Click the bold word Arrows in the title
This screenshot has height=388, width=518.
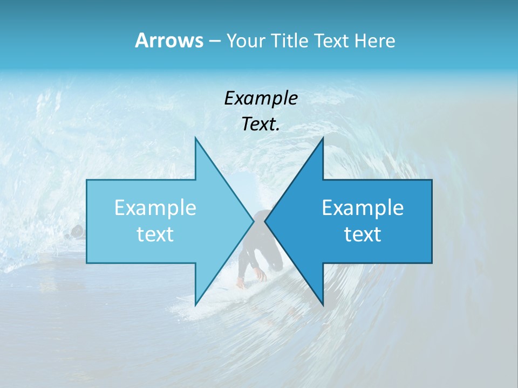168,40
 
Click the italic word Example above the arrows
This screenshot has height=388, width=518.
261,98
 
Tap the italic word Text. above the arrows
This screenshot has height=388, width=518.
261,124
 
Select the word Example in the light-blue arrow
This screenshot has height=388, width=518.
155,208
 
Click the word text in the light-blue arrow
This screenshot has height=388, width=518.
155,234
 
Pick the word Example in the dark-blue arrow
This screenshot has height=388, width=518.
363,208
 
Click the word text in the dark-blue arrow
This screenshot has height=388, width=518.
363,234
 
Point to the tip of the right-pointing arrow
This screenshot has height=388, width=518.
254,221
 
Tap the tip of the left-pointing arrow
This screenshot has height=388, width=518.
265,221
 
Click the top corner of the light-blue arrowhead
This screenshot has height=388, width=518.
195,138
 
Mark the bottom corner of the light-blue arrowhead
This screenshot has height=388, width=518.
195,305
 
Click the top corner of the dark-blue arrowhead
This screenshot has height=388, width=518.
323,138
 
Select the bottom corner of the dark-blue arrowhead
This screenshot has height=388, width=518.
323,305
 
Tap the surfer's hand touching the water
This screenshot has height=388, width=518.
261,276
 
